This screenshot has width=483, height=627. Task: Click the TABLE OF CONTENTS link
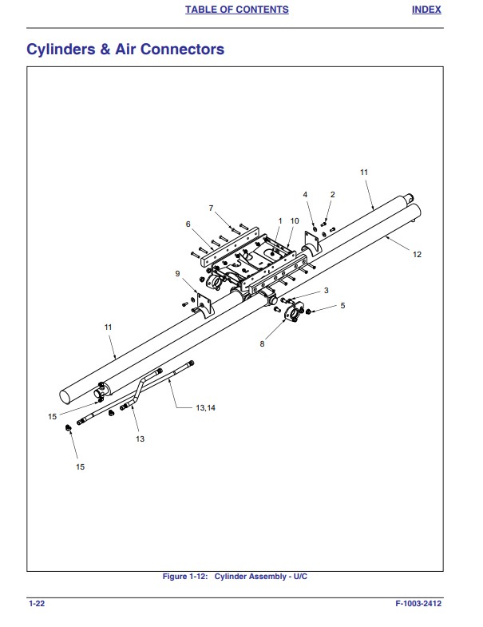[236, 10]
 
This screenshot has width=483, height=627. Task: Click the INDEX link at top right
[426, 10]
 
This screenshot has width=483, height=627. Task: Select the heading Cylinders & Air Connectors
[125, 50]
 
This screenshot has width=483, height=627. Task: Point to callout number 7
[212, 208]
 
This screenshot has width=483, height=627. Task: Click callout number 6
[188, 224]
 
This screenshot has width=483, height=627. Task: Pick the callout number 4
[305, 194]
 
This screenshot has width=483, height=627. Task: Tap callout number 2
[333, 194]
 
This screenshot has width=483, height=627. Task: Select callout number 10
[295, 220]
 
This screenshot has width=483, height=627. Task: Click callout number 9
[177, 274]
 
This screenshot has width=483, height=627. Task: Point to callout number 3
[326, 290]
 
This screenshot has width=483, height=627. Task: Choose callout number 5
[342, 305]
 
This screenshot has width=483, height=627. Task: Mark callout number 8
[261, 344]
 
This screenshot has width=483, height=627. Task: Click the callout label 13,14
[205, 407]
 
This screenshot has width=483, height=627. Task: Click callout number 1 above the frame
[280, 220]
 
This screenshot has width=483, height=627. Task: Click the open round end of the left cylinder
[69, 395]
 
